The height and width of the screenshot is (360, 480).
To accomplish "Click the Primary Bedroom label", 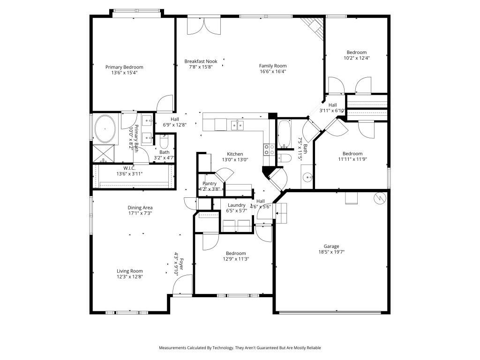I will [124, 67].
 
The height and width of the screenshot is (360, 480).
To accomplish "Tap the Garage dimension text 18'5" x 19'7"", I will [331, 252].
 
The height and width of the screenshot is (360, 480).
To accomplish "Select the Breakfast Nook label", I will [201, 61].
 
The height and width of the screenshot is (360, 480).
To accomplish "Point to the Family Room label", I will [273, 66].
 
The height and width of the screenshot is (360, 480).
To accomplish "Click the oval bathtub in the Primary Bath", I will [105, 128].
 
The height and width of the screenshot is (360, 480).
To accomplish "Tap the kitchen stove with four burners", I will [269, 150].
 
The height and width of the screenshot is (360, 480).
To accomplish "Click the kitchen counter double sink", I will [237, 125].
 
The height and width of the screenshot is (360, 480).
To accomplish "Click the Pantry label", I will [210, 183].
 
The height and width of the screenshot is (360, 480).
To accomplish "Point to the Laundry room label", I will [237, 205].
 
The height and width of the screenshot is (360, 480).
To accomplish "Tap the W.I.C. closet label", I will [129, 168].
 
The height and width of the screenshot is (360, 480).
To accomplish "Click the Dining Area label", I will [140, 208].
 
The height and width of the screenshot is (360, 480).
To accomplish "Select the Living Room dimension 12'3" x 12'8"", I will [130, 277].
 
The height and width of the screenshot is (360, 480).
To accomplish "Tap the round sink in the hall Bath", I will [307, 177].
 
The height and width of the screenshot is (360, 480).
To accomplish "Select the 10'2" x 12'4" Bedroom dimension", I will [357, 58].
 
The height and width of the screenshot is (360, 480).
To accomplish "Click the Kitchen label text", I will [235, 154].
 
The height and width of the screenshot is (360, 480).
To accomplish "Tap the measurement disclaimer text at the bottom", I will [240, 348].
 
